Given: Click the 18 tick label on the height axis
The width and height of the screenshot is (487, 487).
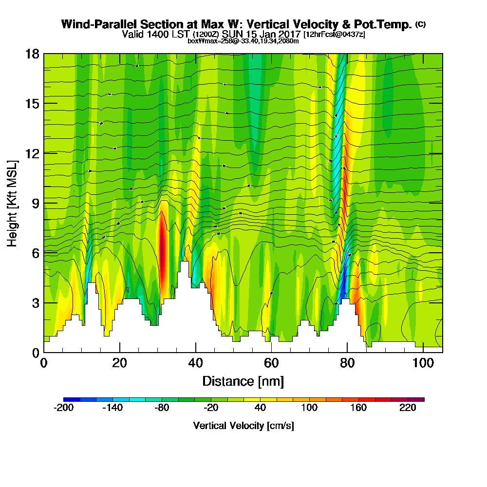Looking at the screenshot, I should tap(32, 54).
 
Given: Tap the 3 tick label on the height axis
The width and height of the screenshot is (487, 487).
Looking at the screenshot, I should tap(35, 302).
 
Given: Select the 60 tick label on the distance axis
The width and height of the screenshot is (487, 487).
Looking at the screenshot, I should tap(271, 363).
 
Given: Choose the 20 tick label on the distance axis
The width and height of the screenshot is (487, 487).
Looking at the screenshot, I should tap(119, 363).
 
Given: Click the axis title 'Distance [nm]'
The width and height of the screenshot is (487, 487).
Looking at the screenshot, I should tap(243, 381).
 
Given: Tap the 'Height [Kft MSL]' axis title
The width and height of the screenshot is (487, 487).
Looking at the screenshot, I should tap(12, 203).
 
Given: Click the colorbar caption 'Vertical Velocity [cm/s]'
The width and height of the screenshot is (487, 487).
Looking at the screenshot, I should tap(243, 426).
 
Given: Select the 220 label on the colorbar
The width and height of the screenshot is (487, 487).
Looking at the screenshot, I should tap(408, 408).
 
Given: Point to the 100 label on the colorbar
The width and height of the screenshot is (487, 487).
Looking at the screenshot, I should tap(309, 408).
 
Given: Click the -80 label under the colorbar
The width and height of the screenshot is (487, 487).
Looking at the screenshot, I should tap(162, 408).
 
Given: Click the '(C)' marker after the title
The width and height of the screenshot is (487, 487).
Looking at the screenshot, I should tap(420, 24).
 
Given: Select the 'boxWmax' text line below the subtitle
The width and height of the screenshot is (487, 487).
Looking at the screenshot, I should tap(243, 41).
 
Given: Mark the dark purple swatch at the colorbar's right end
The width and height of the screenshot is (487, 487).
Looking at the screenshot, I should tap(420, 399).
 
